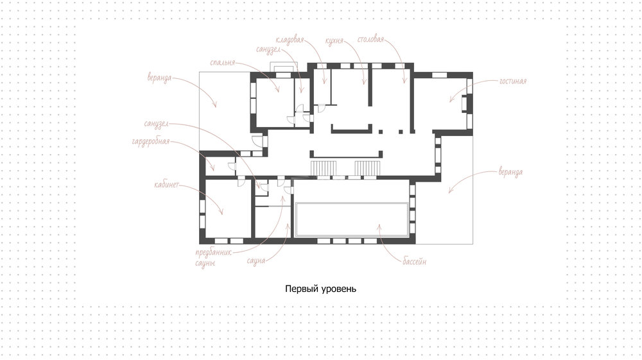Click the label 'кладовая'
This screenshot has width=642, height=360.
(290, 40)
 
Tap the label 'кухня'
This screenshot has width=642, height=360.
(334, 41)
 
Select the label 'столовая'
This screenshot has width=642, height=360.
(370, 39)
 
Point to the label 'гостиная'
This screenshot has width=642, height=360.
(512, 81)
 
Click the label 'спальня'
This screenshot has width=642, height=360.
(222, 63)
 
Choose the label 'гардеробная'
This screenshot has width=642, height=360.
(151, 142)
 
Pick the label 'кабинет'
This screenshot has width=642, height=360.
(166, 185)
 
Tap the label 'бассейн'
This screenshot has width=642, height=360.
(414, 261)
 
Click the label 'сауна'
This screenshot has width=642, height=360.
(256, 261)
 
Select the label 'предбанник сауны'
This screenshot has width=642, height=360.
(213, 258)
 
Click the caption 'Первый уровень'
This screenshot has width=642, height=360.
(320, 289)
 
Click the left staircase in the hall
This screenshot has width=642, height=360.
(324, 168)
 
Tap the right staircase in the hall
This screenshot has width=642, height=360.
(367, 168)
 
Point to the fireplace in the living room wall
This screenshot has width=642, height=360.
(465, 103)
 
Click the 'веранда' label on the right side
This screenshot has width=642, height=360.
(510, 172)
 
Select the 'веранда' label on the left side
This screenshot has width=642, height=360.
(159, 78)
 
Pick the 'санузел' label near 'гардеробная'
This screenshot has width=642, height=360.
(156, 124)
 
